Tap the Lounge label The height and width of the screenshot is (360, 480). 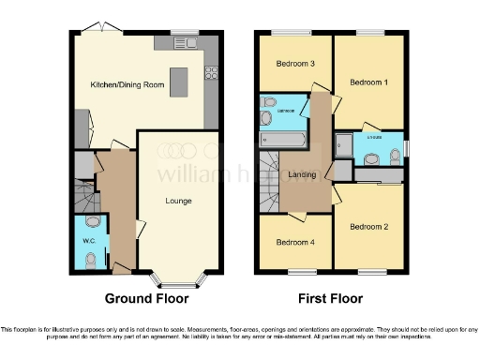pos(178,200)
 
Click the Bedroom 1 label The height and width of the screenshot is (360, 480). pos(368,82)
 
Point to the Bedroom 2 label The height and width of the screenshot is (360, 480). pos(368,226)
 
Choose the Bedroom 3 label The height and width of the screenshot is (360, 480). pos(294,64)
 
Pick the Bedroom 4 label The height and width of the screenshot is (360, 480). pos(294,241)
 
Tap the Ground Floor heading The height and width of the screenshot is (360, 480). pos(146,299)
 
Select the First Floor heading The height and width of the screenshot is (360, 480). pos(332,299)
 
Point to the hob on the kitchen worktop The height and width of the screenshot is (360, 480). pos(211,71)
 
